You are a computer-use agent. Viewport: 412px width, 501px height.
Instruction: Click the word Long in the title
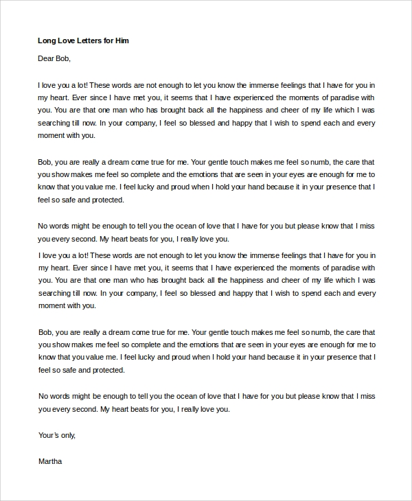(x=47, y=41)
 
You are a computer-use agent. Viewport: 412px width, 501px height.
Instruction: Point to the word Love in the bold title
(x=66, y=41)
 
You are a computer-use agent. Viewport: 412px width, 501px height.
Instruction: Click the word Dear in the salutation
(x=46, y=59)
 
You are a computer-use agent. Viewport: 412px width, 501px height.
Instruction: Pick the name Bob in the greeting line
(x=63, y=59)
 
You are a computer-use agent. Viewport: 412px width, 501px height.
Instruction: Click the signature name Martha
(x=50, y=461)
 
